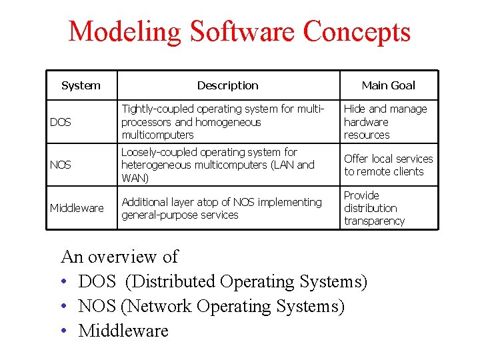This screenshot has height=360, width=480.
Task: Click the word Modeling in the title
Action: (124, 32)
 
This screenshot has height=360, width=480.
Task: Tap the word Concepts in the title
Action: (357, 32)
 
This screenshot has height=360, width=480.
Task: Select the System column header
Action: (81, 85)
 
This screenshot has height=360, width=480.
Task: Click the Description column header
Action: (227, 85)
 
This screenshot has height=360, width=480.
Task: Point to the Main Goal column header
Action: (388, 85)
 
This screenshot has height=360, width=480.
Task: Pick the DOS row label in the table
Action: (61, 122)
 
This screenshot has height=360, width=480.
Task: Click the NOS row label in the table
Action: (61, 165)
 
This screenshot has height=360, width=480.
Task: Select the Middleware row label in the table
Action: (77, 208)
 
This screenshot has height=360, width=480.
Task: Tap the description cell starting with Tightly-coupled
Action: (223, 121)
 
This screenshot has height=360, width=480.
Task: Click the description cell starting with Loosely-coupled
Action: (217, 165)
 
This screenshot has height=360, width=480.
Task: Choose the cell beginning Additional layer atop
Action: (221, 208)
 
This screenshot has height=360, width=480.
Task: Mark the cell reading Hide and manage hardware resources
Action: (385, 121)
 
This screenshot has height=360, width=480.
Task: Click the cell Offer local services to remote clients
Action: (388, 165)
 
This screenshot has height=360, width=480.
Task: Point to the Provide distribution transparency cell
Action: (374, 208)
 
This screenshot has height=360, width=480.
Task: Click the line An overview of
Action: (119, 257)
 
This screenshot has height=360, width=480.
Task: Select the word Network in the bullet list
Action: (159, 307)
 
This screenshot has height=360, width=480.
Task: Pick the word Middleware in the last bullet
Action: (123, 331)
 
